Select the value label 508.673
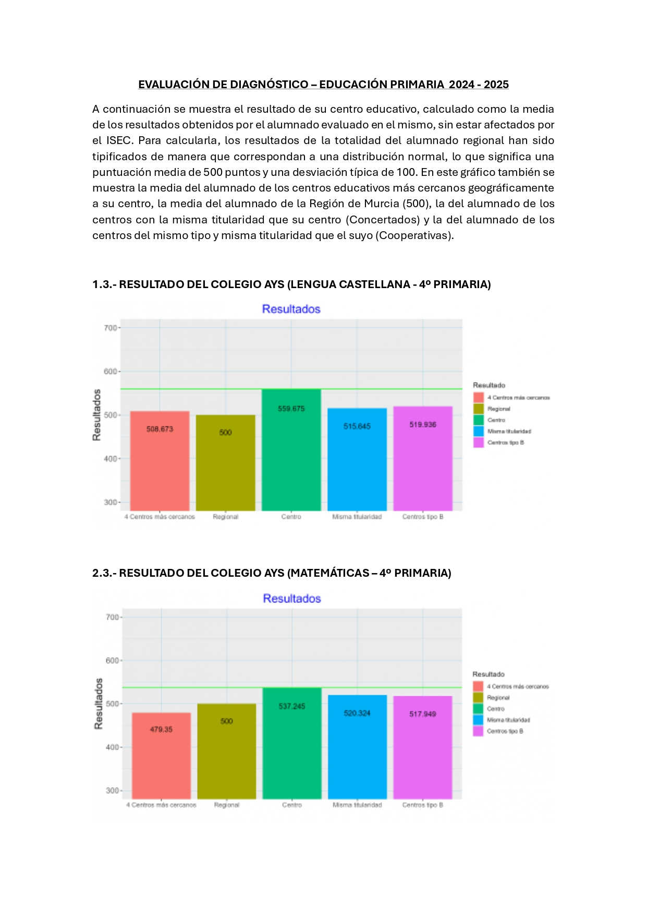coord(160,429)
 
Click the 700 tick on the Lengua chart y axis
coord(110,328)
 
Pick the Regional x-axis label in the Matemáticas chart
coord(227,805)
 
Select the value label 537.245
coord(292,706)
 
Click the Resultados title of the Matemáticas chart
coord(292,599)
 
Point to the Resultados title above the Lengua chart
coord(291,309)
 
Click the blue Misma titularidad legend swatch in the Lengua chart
coord(479,431)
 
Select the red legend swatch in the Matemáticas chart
coord(478,686)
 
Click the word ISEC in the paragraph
coord(119,140)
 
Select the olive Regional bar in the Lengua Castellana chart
coord(225,465)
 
